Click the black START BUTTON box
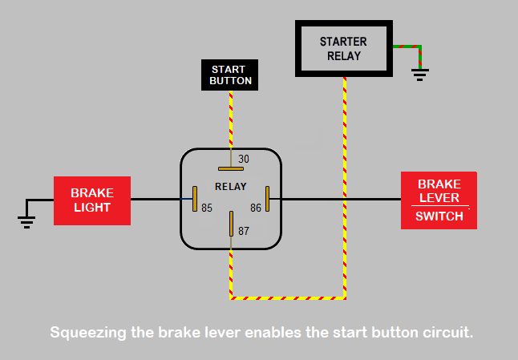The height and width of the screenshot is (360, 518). tap(229, 75)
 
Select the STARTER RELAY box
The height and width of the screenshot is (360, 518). tap(343, 49)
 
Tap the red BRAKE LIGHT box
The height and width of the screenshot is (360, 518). tap(92, 200)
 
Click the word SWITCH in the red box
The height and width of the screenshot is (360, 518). tap(439, 216)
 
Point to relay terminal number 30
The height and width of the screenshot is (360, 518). tap(244, 160)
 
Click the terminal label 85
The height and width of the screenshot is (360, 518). tap(207, 208)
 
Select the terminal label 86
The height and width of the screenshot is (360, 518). tap(256, 208)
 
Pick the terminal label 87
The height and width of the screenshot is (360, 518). tap(244, 231)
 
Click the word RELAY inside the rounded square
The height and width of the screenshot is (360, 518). tap(231, 187)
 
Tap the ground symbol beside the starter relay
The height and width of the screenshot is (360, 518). tap(420, 75)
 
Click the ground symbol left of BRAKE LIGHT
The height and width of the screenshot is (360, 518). tap(26, 222)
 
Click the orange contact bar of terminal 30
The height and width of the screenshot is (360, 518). tap(231, 168)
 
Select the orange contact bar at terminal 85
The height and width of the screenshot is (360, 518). tap(195, 199)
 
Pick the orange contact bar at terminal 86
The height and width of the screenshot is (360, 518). tap(267, 199)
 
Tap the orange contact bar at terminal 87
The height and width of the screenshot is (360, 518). tap(231, 224)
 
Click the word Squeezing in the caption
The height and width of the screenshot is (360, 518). tap(88, 333)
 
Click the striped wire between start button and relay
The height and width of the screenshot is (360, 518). tap(231, 119)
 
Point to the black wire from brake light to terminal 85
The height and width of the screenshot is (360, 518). tap(156, 199)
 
